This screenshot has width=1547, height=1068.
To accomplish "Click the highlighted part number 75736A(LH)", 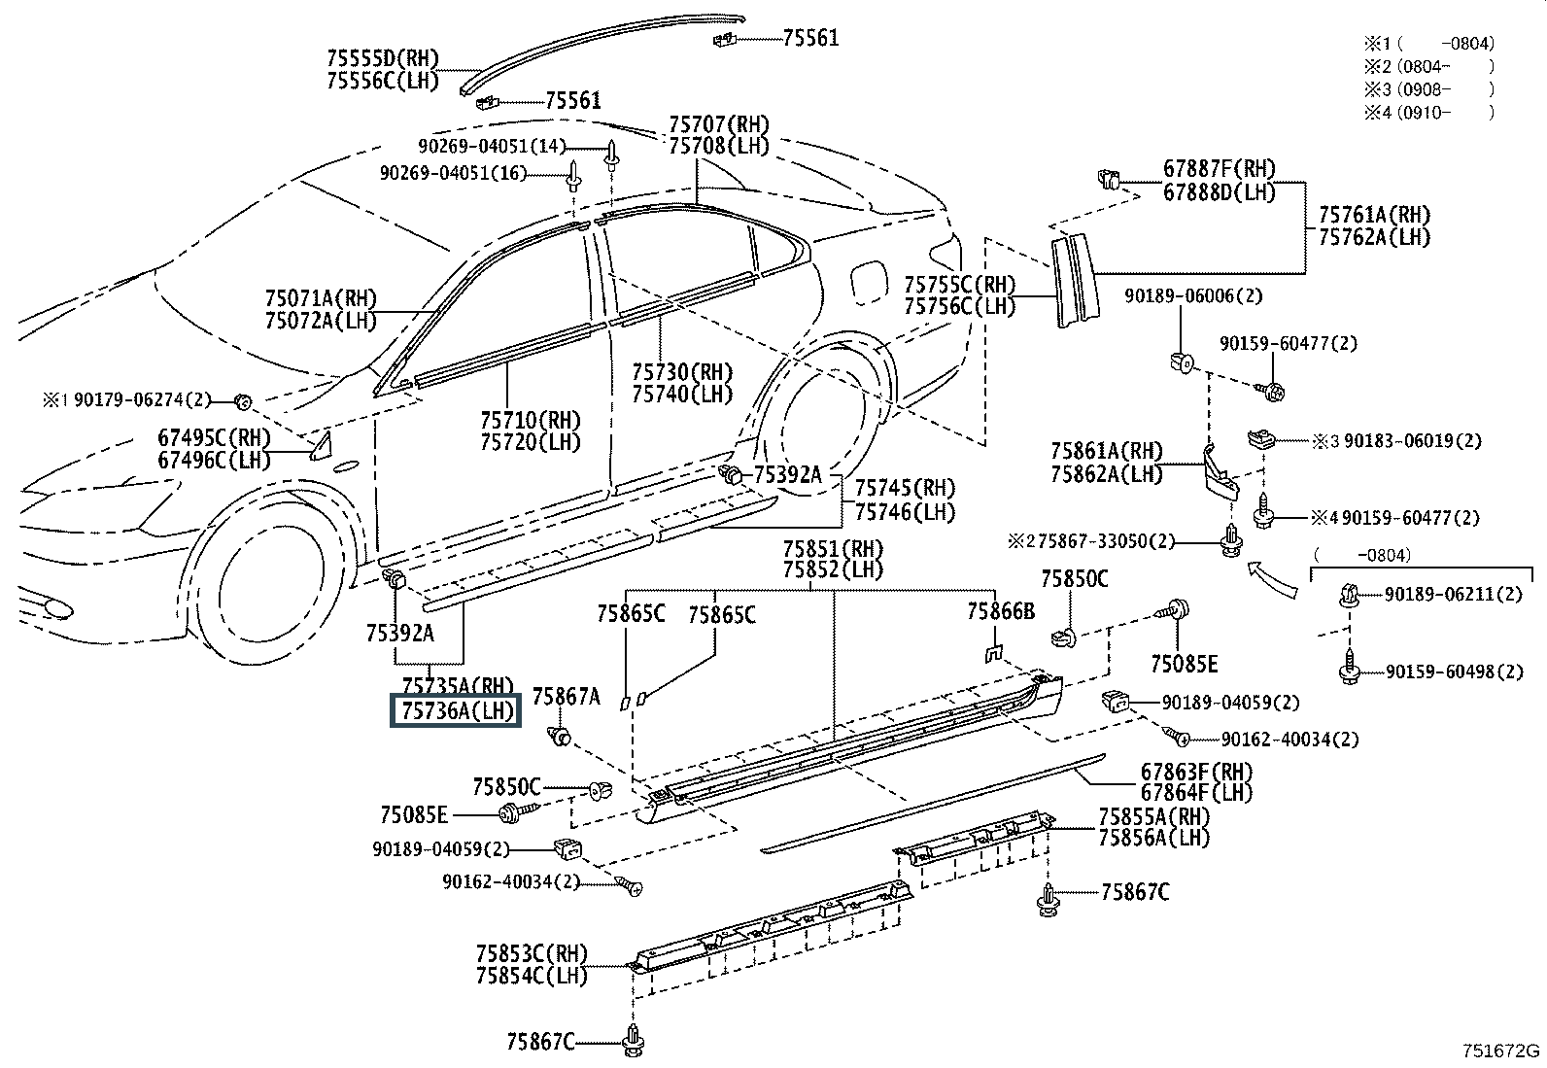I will (x=456, y=710).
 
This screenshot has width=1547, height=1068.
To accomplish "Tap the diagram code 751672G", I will (x=1501, y=1051).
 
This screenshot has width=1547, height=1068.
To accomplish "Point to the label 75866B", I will (x=1000, y=611).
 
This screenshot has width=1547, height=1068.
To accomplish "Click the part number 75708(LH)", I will (x=718, y=147).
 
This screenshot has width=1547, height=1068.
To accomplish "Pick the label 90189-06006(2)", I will (x=1193, y=296).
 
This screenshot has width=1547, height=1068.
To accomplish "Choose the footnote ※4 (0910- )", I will (x=1428, y=112).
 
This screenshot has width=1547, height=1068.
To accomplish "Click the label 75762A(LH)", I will (x=1374, y=236).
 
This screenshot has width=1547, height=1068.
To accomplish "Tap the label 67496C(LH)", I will (x=215, y=460).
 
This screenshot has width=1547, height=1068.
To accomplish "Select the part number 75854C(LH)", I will (x=532, y=976).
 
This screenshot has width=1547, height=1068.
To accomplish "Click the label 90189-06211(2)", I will (x=1454, y=594).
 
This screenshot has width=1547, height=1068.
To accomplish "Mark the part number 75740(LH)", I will (x=682, y=394).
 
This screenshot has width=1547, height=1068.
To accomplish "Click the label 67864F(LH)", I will (x=1196, y=793).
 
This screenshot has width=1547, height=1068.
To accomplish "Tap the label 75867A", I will (x=566, y=695).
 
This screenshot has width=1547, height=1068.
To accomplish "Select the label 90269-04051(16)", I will (x=452, y=173).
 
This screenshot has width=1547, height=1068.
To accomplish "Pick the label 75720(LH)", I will (x=530, y=442).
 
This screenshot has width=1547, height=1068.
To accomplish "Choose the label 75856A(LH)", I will (x=1154, y=838).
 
